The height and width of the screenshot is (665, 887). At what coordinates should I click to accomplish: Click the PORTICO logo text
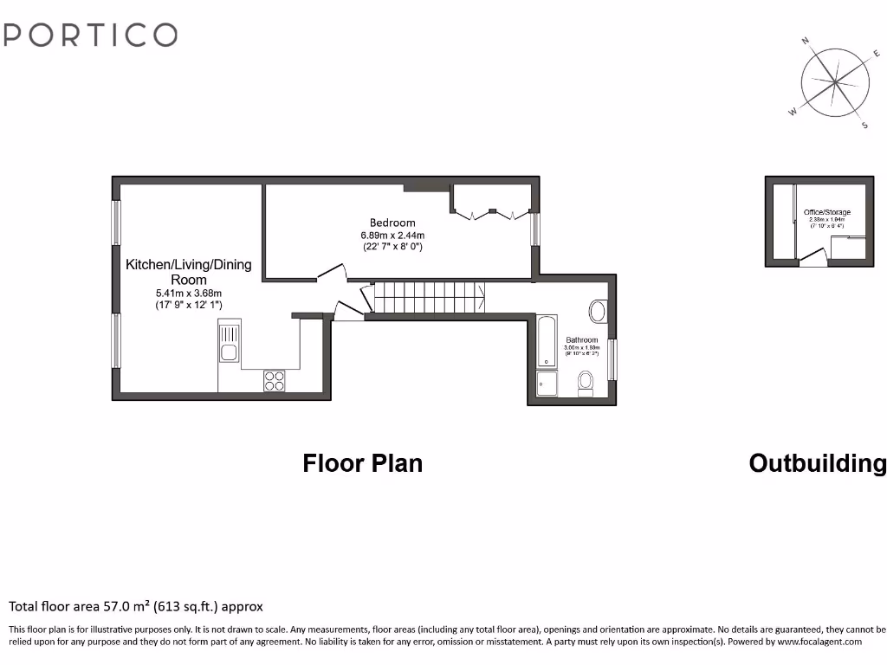pyautogui.click(x=91, y=35)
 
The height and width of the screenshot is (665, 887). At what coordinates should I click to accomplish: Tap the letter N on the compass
pyautogui.click(x=806, y=41)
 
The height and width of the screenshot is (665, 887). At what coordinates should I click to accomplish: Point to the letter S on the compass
pyautogui.click(x=864, y=126)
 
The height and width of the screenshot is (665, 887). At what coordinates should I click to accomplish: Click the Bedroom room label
pyautogui.click(x=392, y=223)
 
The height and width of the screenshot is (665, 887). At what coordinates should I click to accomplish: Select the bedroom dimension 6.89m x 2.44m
pyautogui.click(x=392, y=235)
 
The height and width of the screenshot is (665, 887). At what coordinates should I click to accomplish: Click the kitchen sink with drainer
pyautogui.click(x=229, y=341)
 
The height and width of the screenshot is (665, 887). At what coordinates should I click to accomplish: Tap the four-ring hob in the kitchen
pyautogui.click(x=275, y=381)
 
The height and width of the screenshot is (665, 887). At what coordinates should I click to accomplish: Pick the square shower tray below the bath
pyautogui.click(x=547, y=384)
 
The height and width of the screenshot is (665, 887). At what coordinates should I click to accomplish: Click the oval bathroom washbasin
pyautogui.click(x=598, y=310)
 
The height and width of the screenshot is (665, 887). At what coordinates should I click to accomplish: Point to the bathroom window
pyautogui.click(x=612, y=359)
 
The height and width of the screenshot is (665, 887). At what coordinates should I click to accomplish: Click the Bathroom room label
pyautogui.click(x=581, y=339)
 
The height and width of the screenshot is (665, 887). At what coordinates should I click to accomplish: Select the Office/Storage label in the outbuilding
pyautogui.click(x=826, y=212)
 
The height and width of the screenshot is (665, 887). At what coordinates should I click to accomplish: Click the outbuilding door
pyautogui.click(x=813, y=258)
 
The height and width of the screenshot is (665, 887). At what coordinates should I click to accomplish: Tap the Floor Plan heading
pyautogui.click(x=362, y=463)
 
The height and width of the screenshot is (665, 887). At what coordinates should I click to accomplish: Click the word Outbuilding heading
pyautogui.click(x=817, y=463)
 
